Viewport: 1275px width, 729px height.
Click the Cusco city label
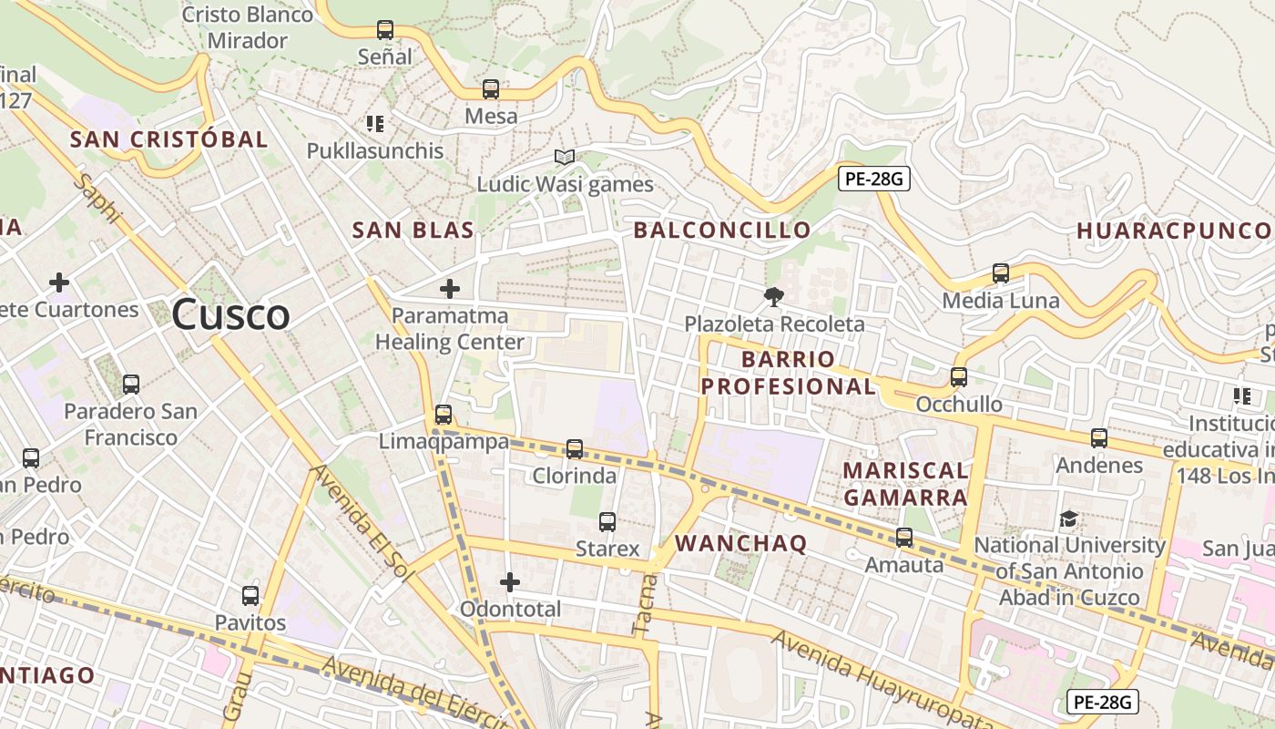point(230,315)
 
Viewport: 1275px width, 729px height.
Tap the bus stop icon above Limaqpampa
point(444,415)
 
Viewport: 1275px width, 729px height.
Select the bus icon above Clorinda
point(575,448)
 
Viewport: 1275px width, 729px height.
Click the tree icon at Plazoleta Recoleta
point(774,296)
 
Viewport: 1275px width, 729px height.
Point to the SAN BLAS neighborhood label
point(413,231)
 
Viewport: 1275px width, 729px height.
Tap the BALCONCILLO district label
point(722,231)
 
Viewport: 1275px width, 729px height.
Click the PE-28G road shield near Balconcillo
point(874,180)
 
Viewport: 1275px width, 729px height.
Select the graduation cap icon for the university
point(1069,519)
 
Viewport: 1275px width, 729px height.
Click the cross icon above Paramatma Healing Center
point(450,289)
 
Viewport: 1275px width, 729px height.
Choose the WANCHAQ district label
point(741,544)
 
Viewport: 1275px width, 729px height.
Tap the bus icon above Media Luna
point(1001,273)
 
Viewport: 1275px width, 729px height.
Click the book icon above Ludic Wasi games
point(565,157)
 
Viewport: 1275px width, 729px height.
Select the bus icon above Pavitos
point(250,596)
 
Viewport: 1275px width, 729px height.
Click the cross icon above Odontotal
point(510,581)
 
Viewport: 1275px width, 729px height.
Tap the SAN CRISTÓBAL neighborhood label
point(169,139)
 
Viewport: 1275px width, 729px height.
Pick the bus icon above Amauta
point(904,538)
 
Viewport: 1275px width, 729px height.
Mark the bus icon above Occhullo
point(959,377)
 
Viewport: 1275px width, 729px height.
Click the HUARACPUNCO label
point(1175,231)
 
